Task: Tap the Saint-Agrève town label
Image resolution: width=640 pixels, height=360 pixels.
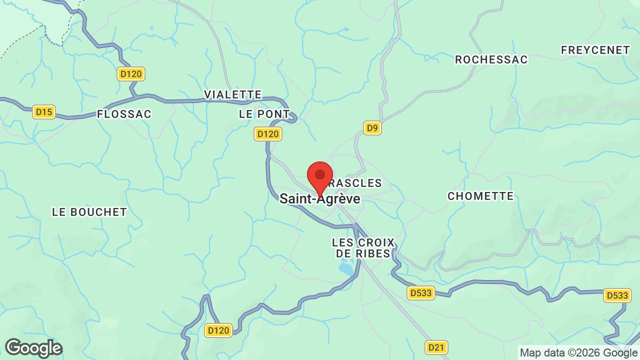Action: point(320,199)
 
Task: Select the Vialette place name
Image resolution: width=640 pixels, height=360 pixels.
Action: point(233,95)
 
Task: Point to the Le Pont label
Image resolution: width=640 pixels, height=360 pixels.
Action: point(264,114)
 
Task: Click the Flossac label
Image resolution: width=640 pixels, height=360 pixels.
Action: point(124,114)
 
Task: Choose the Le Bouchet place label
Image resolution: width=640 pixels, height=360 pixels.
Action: point(90,212)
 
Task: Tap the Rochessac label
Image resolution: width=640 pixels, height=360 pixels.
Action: point(491,60)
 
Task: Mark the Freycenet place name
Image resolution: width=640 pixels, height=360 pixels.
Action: point(595,50)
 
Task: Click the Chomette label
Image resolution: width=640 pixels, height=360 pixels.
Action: point(480,196)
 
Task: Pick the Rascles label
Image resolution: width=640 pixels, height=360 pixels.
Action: point(359,183)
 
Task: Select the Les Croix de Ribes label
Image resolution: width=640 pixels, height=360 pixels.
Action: point(363,248)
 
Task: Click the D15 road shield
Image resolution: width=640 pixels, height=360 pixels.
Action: point(44,112)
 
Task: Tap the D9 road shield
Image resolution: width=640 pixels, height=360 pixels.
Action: point(372,128)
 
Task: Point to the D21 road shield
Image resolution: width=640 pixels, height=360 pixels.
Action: point(437,347)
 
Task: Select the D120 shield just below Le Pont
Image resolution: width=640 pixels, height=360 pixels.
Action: point(268,134)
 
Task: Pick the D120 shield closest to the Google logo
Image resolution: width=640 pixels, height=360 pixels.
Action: point(218,330)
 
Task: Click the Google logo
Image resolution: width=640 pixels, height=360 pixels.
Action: point(33,348)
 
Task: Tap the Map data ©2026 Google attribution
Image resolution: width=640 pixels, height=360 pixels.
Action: point(578,353)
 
